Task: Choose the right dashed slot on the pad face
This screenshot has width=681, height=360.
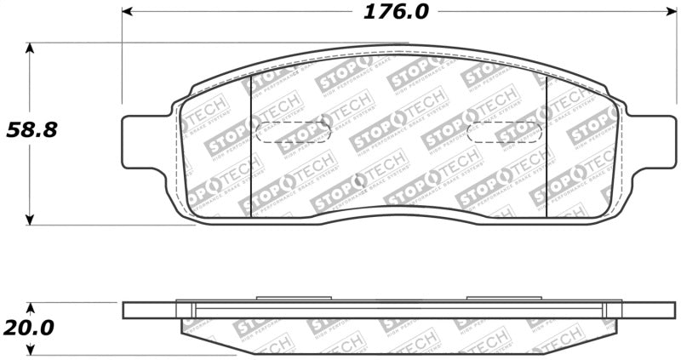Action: (x=506, y=133)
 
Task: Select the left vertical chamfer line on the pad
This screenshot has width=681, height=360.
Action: (x=250, y=145)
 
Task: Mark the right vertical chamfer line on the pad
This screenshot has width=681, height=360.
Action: (x=546, y=145)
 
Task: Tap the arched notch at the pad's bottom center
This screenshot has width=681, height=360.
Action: (x=396, y=211)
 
